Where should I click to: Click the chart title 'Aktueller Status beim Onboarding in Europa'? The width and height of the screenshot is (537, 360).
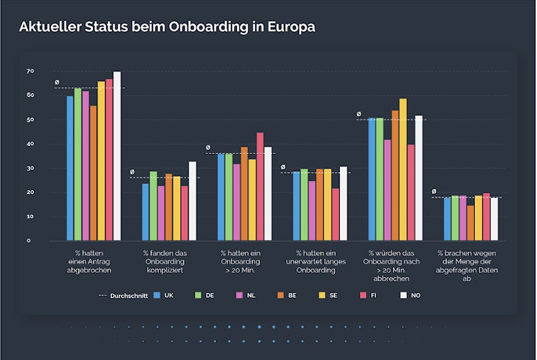click(x=166, y=27)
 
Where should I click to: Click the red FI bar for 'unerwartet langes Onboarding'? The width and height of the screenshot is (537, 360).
click(x=336, y=214)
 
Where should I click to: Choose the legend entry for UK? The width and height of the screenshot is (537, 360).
click(x=164, y=296)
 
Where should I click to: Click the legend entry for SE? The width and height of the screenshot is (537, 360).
click(x=330, y=296)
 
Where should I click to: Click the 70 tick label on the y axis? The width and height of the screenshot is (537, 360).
click(x=30, y=71)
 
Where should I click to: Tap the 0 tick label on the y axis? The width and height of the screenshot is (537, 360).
click(x=29, y=240)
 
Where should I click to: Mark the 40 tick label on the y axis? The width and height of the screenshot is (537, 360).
click(x=30, y=144)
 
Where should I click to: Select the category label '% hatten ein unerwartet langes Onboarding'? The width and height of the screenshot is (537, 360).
click(x=317, y=261)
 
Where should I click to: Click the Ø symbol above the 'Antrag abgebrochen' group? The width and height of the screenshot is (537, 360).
click(x=57, y=82)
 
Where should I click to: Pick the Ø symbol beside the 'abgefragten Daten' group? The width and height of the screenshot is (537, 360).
click(x=434, y=191)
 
